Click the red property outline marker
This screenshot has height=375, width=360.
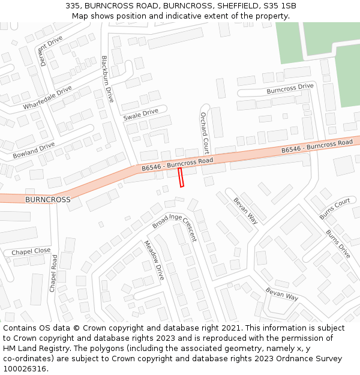click(x=181, y=178)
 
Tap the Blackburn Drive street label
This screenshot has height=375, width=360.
click(x=107, y=79)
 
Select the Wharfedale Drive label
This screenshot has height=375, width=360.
click(x=47, y=97)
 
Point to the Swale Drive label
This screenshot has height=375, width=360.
click(x=140, y=113)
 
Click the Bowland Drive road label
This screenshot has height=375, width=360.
click(x=34, y=150)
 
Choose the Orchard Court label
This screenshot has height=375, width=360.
click(x=205, y=133)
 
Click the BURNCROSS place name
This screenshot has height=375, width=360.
click(x=47, y=199)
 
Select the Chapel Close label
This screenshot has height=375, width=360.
click(x=31, y=251)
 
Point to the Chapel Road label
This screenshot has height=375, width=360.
click(x=53, y=274)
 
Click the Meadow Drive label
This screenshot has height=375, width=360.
click(x=154, y=260)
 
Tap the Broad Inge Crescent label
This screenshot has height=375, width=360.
click(x=174, y=227)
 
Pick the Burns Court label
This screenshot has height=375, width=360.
click(x=335, y=208)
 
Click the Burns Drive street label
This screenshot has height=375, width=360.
click(x=338, y=244)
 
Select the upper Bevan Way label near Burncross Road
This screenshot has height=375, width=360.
click(x=245, y=211)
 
